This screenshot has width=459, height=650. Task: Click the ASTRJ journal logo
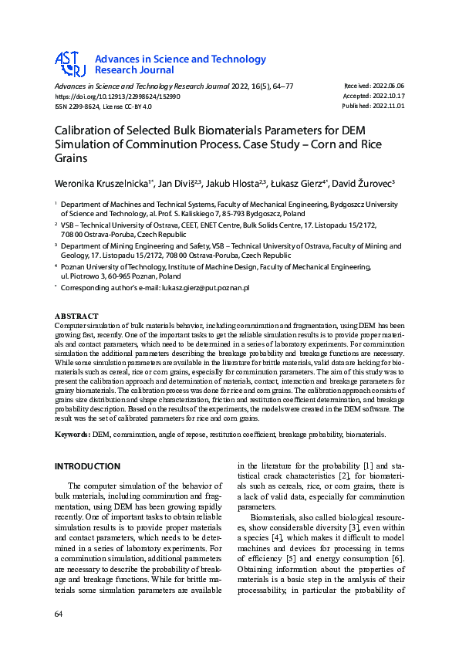(x=70, y=63)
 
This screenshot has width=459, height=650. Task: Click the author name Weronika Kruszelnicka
(x=103, y=184)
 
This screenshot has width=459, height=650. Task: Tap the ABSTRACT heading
(x=76, y=317)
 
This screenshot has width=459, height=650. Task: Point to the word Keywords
(x=72, y=435)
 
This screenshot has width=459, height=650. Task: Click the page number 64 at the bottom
(x=59, y=613)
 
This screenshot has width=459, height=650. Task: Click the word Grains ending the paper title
(x=71, y=158)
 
